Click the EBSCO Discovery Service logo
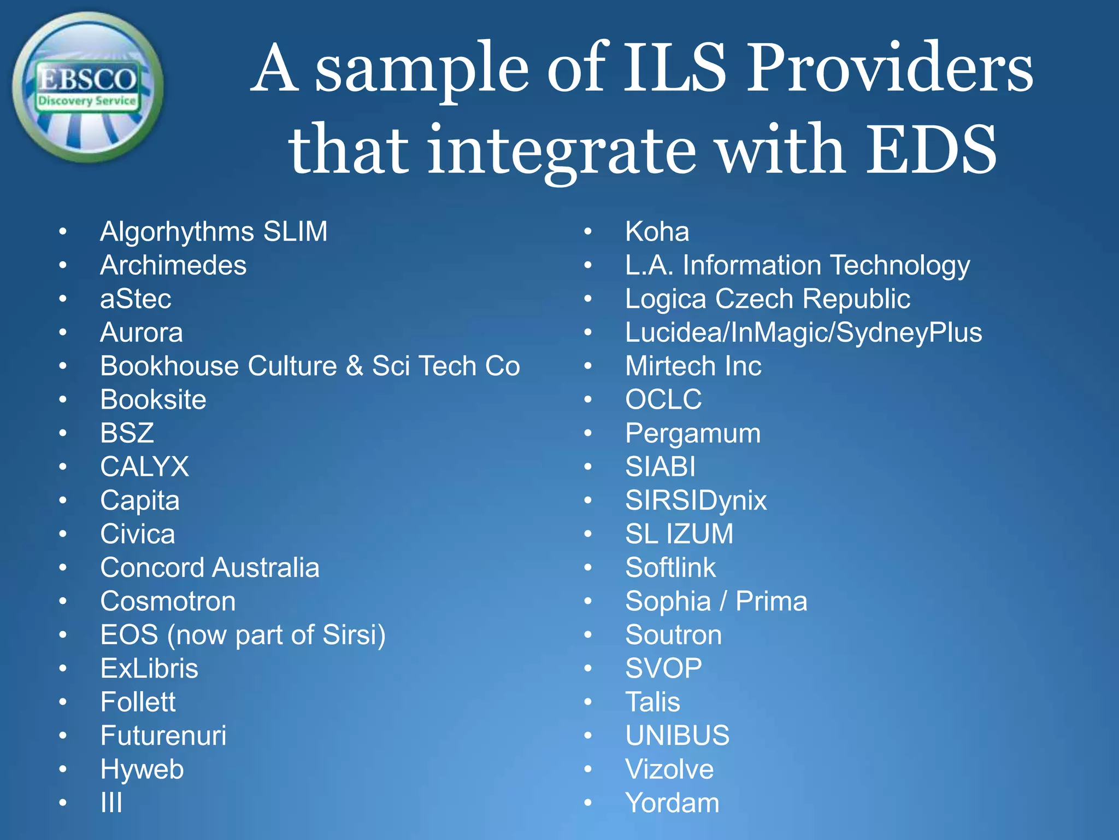[87, 87]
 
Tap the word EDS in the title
[932, 149]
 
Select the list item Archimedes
[173, 265]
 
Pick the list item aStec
[136, 299]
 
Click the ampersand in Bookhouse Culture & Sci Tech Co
[355, 366]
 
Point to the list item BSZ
[127, 433]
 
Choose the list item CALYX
[144, 467]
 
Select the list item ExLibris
[149, 668]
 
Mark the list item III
[111, 803]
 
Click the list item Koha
[657, 231]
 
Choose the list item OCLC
[663, 400]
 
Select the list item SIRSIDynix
[696, 500]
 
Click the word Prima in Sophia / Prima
[771, 602]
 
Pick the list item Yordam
[672, 803]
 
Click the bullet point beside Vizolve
[588, 769]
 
